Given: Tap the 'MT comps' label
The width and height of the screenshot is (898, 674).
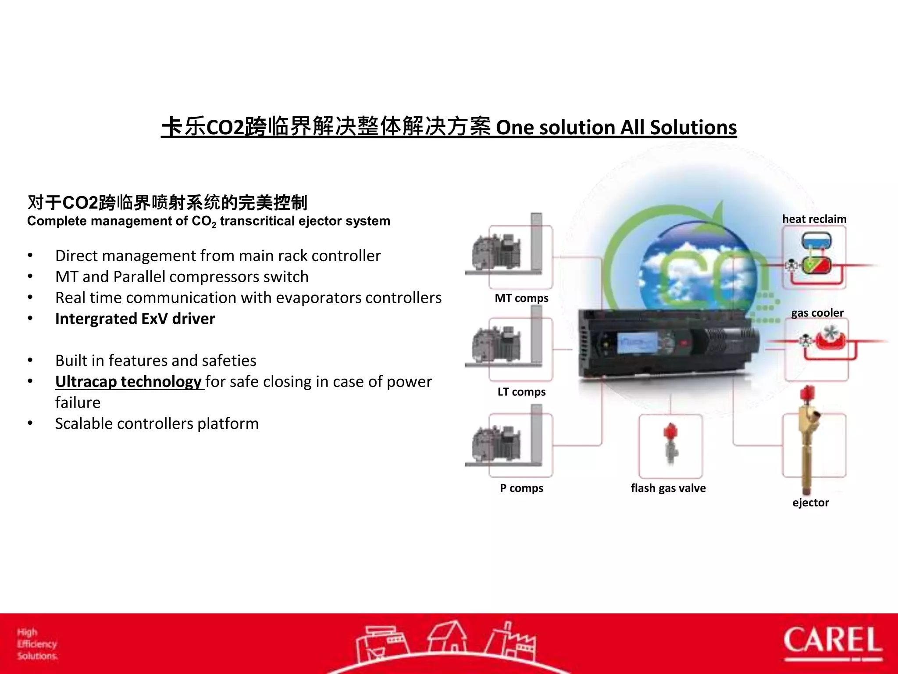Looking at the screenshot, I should tap(521, 298).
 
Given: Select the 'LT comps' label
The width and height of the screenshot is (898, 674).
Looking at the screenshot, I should tap(521, 392).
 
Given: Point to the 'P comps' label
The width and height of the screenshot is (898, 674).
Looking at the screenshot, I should tap(521, 488).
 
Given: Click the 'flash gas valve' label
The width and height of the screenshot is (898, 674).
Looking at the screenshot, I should tap(668, 488).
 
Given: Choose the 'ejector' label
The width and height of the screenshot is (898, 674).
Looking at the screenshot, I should tap(810, 502).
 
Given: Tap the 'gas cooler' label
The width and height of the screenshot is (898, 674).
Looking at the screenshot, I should tap(817, 313).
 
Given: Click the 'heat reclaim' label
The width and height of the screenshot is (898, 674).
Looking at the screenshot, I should tap(814, 219).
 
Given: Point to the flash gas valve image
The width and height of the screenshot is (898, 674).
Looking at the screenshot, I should tap(670, 444).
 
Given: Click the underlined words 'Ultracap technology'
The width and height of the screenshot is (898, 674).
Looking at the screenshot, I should tap(128, 381).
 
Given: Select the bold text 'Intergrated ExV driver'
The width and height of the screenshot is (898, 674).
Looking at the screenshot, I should tap(135, 319).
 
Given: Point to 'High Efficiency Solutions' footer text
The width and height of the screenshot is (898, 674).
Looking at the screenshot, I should tap(37, 644).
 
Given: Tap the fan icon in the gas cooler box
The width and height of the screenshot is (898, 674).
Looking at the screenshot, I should tap(830, 333).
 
